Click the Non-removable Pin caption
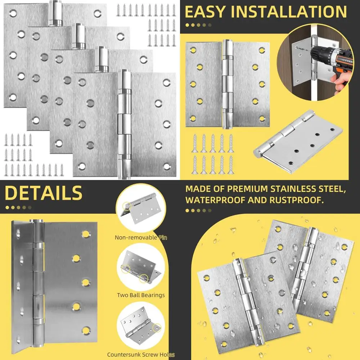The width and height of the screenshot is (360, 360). pos(141,237)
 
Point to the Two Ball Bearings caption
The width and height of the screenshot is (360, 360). pos(141,295)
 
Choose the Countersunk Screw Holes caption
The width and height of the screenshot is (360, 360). pos(141,355)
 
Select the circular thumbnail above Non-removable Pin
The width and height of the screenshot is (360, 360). pos(141,212)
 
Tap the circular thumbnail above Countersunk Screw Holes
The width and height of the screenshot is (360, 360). pos(141,327)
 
